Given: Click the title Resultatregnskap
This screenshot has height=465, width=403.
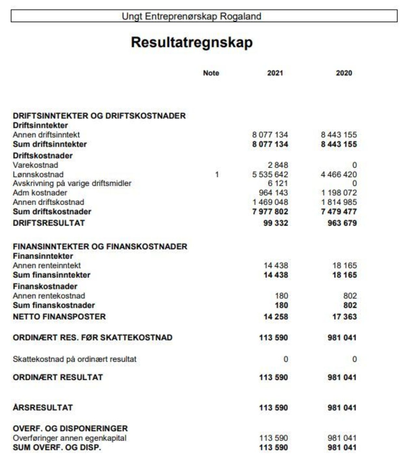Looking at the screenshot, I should pos(192,43).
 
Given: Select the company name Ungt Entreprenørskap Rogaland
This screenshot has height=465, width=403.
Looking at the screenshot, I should pos(191,16).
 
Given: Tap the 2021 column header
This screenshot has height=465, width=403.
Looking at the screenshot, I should pos(275,73).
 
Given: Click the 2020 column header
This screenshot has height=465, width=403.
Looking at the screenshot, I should pos(344,73).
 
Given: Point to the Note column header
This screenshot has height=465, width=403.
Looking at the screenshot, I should pos(211,73).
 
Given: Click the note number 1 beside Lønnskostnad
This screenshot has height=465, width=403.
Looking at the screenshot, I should pos(217,174).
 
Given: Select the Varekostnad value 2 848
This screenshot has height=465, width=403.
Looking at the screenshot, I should pos(278,165).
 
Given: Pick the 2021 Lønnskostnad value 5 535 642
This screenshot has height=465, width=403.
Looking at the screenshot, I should pos(270,174).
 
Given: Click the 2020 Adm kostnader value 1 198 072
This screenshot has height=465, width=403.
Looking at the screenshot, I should pos(339,193).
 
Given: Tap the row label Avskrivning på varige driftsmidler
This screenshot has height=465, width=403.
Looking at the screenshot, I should pos(72,183).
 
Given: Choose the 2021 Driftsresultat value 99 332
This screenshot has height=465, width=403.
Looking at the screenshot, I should pos(276,223).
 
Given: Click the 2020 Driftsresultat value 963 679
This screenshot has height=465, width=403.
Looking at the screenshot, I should pos(342,223).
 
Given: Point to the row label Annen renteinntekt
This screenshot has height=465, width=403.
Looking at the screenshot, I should pos(47,265).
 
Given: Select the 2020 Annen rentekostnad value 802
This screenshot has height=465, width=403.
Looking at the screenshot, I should pos(350,296).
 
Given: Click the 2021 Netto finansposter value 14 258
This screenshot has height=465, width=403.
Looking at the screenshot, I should pos(276,317).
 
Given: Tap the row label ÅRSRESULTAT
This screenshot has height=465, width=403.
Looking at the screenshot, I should pos(43,407).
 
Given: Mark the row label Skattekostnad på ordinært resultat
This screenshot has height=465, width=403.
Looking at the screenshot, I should pos(74,359).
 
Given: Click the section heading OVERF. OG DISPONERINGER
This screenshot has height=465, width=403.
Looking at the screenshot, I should pos(70,428).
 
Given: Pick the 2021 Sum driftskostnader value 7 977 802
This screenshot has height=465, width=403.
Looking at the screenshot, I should pos(270,212).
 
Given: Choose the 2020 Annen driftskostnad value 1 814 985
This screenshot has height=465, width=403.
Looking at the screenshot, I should pos(339,202).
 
